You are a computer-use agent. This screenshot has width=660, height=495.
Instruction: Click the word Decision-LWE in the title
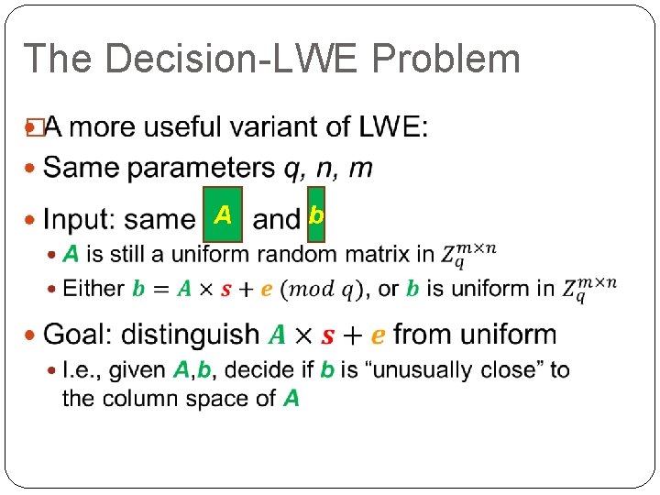click(237, 59)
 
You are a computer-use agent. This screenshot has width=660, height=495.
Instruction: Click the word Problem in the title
click(446, 59)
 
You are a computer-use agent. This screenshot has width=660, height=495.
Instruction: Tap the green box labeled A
click(223, 215)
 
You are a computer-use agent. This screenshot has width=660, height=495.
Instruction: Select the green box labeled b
click(316, 215)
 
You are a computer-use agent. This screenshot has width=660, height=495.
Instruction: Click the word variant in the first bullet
click(268, 126)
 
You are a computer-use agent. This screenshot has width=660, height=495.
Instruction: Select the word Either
click(93, 289)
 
